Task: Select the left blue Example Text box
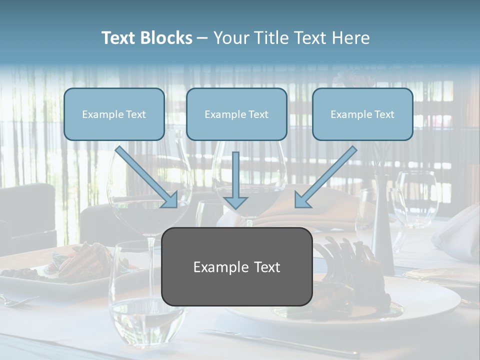point(114,114)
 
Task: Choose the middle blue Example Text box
point(236,114)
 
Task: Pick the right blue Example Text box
point(362,114)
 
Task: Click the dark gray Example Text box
point(237,266)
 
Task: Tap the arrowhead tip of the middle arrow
point(235,207)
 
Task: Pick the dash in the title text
point(202,38)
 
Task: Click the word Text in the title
point(120,38)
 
